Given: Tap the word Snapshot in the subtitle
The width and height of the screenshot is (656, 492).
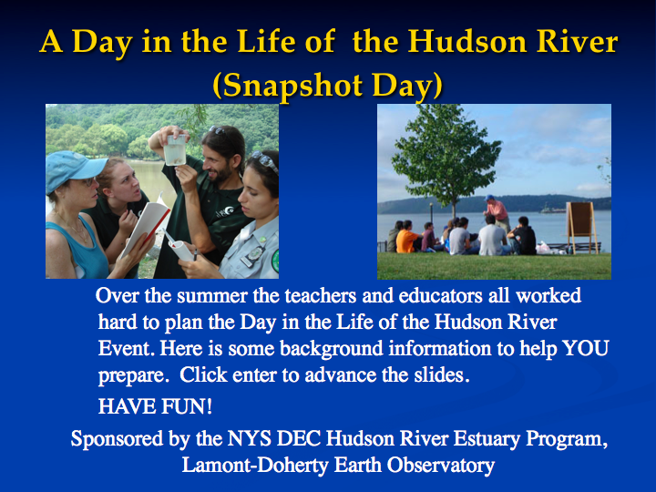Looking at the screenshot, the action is click(292, 86).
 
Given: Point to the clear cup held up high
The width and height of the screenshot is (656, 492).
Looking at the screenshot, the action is click(175, 149).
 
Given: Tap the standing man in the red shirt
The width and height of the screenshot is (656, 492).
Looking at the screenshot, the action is click(497, 212).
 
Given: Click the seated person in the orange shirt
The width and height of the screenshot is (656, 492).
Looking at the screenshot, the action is click(406, 238).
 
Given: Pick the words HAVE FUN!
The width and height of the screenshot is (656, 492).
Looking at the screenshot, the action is click(155, 406).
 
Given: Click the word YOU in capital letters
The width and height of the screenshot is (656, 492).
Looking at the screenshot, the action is click(585, 348).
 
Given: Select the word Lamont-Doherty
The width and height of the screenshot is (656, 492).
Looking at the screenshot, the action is click(255, 466).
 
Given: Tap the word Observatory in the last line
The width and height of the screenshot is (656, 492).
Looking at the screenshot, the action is click(441, 466).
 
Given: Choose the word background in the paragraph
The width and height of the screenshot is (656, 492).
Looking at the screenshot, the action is click(332, 348).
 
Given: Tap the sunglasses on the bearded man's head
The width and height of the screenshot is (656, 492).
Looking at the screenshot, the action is click(218, 129).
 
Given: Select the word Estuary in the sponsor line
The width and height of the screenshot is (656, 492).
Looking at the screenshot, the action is click(487, 439).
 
